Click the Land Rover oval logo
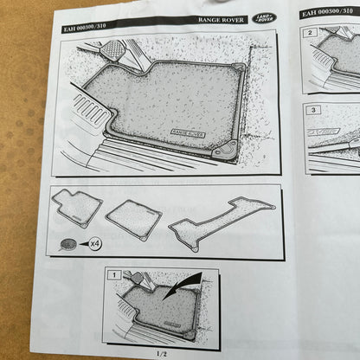[263, 18]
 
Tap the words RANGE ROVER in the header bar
[219, 18]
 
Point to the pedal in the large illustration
[112, 53]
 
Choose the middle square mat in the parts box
[134, 218]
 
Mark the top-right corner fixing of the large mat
[237, 69]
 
